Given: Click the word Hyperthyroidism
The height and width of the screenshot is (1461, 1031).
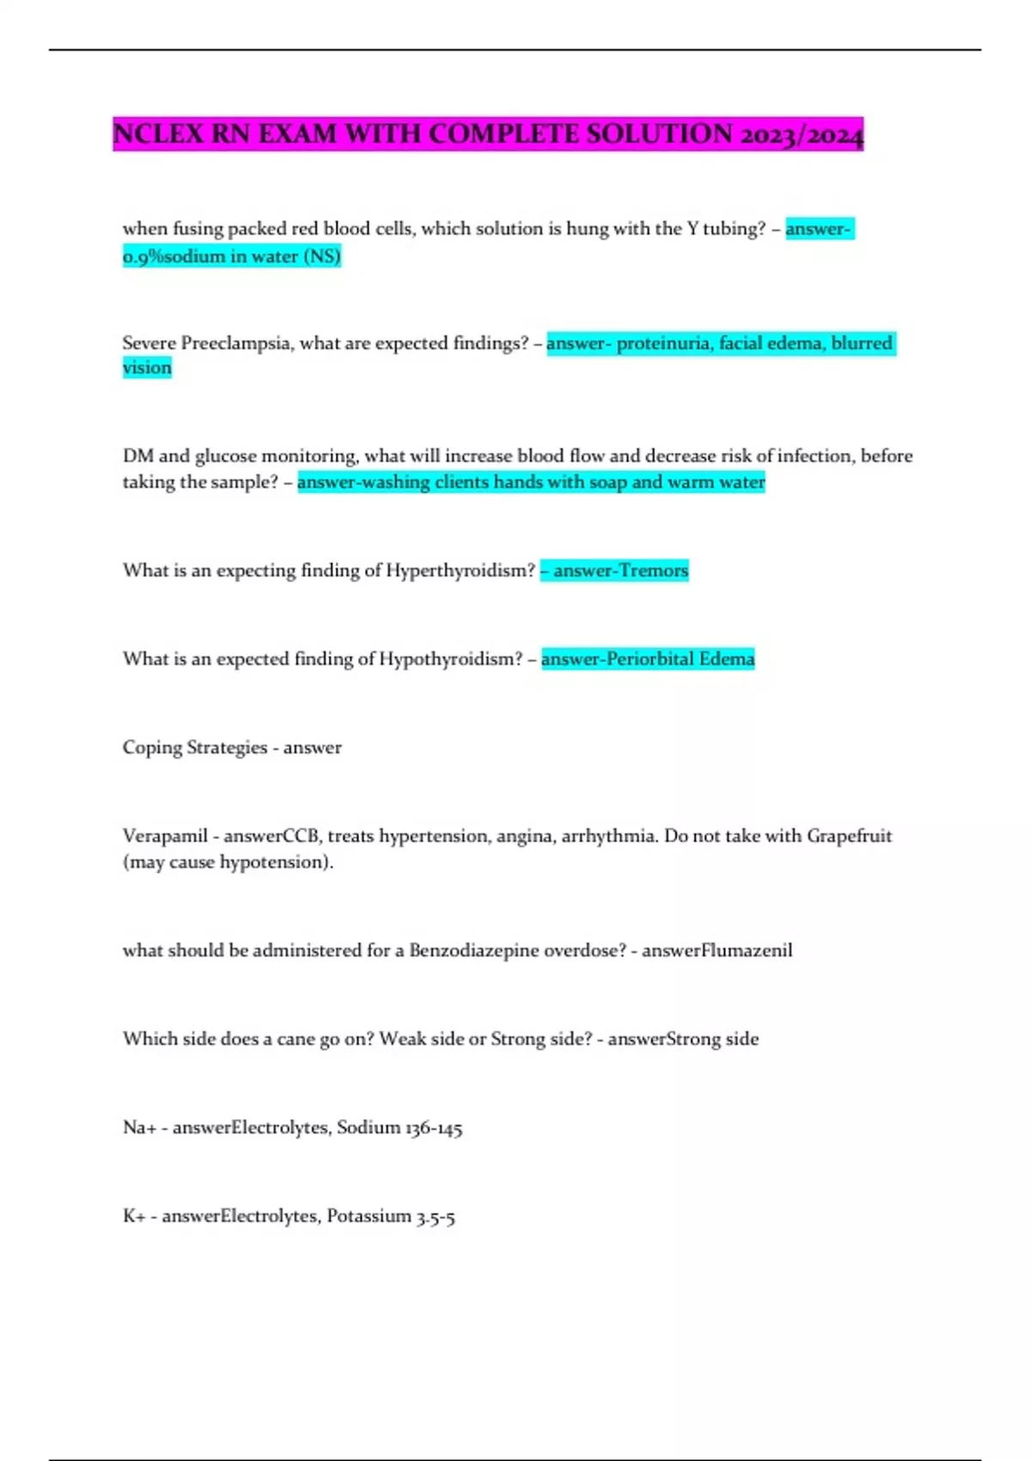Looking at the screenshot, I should tap(461, 571).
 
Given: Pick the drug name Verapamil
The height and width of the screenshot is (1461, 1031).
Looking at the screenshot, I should tap(165, 836).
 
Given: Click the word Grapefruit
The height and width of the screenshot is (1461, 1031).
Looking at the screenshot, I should tap(849, 836).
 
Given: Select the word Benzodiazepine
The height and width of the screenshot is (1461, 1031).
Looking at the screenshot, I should tap(473, 951).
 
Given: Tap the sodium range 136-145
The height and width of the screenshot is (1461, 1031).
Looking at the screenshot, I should tap(434, 1128).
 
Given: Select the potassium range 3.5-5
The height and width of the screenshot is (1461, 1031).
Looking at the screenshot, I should tap(436, 1216).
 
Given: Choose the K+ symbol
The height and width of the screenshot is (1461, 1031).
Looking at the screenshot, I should tap(134, 1216).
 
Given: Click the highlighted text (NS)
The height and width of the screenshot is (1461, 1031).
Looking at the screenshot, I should tap(322, 256).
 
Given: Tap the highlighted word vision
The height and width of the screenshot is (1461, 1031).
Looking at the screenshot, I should tap(147, 368).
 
